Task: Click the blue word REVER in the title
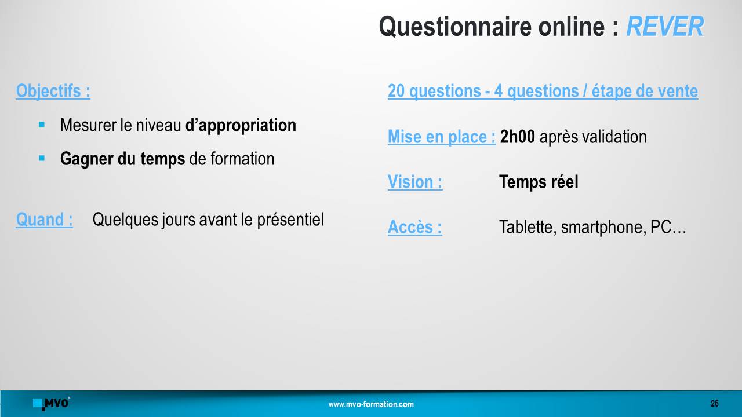tap(665, 27)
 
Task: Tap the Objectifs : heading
tap(53, 91)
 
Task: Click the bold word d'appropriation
tap(241, 126)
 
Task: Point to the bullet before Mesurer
tap(42, 125)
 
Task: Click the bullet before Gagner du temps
tap(42, 158)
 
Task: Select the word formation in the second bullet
tap(242, 159)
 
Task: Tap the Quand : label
tap(45, 220)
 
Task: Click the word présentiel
tap(290, 220)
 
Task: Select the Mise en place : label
tap(442, 137)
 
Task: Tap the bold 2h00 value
tap(518, 137)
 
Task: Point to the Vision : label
tap(415, 182)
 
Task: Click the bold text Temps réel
tap(539, 182)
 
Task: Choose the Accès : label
tap(414, 227)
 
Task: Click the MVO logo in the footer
tap(52, 404)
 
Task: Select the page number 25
tap(715, 404)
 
